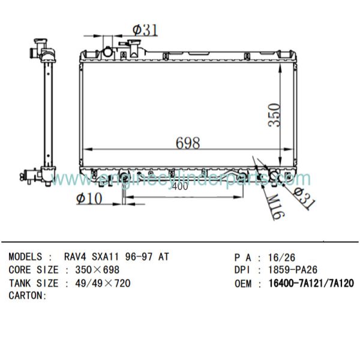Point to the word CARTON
click(26, 295)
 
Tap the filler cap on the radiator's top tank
click(107, 50)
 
